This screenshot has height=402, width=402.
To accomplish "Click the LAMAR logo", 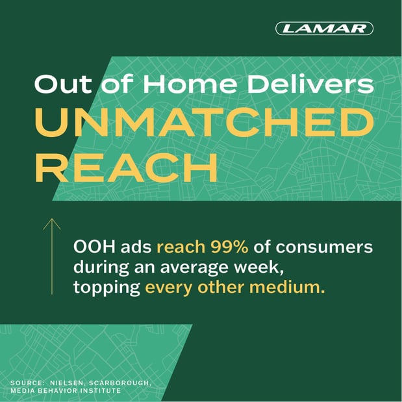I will point(324,29).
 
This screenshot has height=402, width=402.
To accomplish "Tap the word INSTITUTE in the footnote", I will point(103,390).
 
